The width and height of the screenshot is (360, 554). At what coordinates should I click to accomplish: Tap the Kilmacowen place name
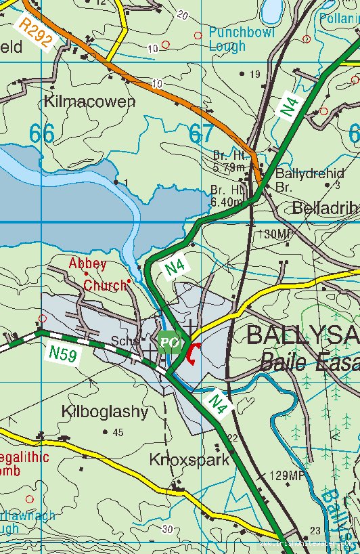pos(89,102)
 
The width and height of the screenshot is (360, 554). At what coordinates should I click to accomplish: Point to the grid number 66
pos(41,133)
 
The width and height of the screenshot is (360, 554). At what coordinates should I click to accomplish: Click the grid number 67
pos(201,133)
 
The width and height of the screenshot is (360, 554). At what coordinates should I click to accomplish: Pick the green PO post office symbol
pos(170,342)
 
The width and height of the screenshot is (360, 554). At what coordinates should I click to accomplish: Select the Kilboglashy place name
pos(104,411)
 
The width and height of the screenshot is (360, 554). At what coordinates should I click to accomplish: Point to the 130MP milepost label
pos(275,234)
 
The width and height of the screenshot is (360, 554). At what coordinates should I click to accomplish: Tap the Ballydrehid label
pos(309,173)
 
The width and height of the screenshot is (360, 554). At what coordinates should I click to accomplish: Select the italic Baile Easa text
pos(309,364)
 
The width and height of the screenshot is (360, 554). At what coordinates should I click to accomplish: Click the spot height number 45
pos(118,433)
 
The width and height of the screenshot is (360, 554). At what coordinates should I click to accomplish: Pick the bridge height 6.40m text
pos(227,196)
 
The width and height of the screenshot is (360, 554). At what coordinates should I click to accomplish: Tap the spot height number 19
pos(255,74)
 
